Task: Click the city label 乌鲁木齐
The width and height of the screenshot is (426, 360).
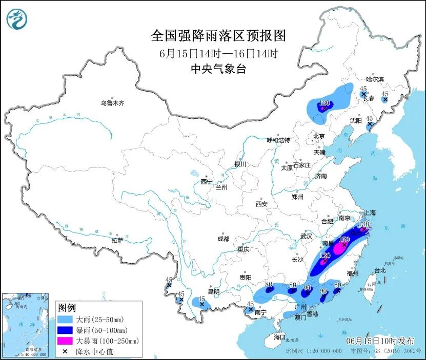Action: click(112, 103)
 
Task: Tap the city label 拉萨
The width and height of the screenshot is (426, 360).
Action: click(117, 240)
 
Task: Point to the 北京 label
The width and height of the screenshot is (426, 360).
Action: click(319, 136)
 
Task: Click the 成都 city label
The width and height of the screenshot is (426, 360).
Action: click(223, 239)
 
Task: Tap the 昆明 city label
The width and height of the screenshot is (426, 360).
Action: click(214, 292)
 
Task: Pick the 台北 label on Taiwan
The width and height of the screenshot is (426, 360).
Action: click(379, 270)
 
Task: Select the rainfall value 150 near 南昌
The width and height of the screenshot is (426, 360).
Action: click(344, 239)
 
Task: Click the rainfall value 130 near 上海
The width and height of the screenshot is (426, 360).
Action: click(364, 224)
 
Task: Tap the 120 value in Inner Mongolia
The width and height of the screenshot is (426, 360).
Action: click(323, 102)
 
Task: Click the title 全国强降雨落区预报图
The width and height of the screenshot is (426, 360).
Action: click(217, 36)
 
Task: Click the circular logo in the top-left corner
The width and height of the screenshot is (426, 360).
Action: click(17, 19)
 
